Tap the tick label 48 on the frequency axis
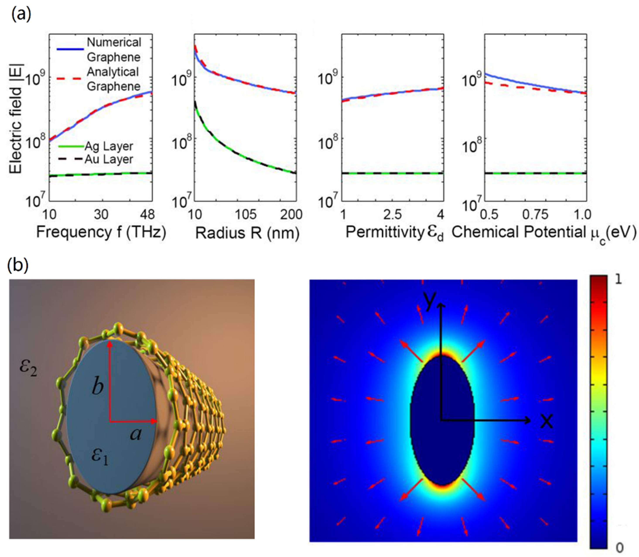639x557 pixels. coord(147,214)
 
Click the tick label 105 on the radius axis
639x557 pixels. coord(246,214)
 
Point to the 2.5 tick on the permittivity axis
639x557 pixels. coord(392,214)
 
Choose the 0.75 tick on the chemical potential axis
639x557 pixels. coord(535,214)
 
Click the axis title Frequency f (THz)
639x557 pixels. coord(101,232)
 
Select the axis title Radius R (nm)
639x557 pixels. coord(247,233)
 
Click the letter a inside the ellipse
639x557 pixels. coord(135,434)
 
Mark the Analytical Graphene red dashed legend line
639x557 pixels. coord(70,79)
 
